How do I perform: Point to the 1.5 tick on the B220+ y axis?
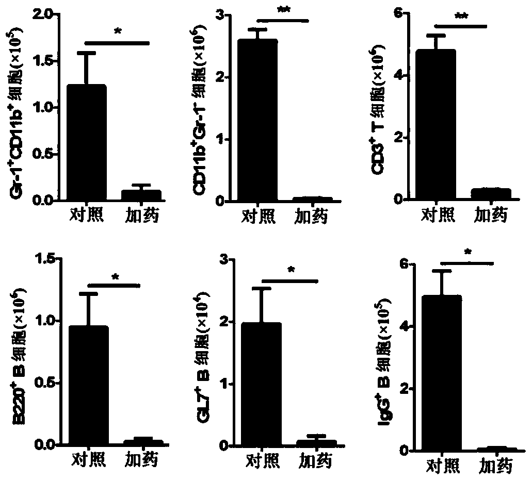click(x=45, y=259)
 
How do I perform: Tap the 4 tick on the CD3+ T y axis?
click(x=397, y=76)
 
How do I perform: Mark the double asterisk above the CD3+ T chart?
click(x=461, y=16)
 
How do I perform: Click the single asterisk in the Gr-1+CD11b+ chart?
click(x=117, y=32)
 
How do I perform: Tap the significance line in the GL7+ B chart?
click(x=290, y=281)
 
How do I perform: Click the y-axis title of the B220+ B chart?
click(x=19, y=361)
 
